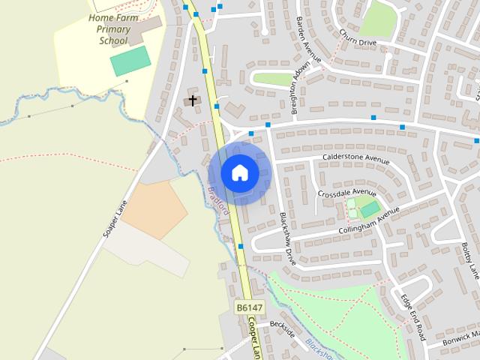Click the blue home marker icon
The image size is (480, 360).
click(239, 173)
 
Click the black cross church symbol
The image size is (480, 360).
click(193, 100)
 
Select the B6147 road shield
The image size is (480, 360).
click(249, 308)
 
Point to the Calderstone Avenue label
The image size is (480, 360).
click(355, 159)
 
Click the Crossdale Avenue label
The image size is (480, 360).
click(346, 193)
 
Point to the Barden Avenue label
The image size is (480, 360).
click(308, 39)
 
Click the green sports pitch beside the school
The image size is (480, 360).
click(130, 61)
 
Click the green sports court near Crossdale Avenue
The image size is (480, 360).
click(370, 208)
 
